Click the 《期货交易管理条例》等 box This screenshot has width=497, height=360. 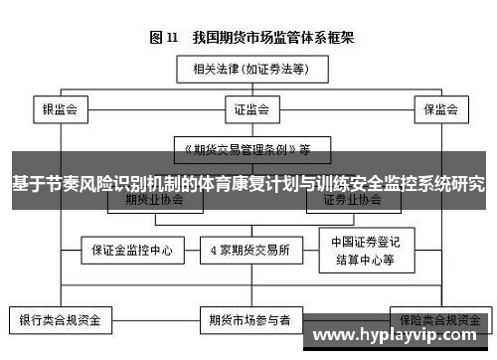pos(248,149)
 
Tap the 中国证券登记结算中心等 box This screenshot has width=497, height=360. pos(363,249)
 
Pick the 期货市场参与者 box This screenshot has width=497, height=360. pos(249,321)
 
